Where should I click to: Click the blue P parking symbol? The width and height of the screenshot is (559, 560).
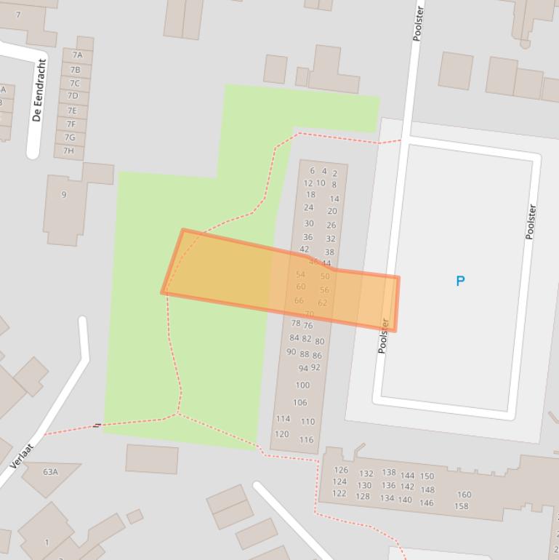[x=459, y=281]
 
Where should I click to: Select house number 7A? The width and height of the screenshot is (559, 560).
[x=77, y=55]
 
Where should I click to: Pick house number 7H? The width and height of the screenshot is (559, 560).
[x=68, y=151]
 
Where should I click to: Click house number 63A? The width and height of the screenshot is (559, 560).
[x=50, y=472]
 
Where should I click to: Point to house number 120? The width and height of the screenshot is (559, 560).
[x=281, y=434]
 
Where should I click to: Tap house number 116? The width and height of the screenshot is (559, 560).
[x=306, y=440]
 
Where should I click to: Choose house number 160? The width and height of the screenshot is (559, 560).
[x=464, y=495]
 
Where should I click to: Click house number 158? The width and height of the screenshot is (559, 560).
[x=461, y=506]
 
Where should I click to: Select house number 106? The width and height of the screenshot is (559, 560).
[x=300, y=402]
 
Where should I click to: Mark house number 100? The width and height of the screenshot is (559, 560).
[x=302, y=385]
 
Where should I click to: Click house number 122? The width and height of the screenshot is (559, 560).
[x=339, y=494]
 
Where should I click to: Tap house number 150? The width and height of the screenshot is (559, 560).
[x=427, y=476]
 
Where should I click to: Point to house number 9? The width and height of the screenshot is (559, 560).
[x=64, y=195]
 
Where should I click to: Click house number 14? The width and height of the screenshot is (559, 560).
[x=334, y=199]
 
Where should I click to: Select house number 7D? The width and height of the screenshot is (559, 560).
[x=73, y=96]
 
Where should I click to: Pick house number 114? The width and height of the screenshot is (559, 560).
[x=283, y=419]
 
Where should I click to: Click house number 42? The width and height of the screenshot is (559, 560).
[x=305, y=249]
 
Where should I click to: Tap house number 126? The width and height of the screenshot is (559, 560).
[x=341, y=470]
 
